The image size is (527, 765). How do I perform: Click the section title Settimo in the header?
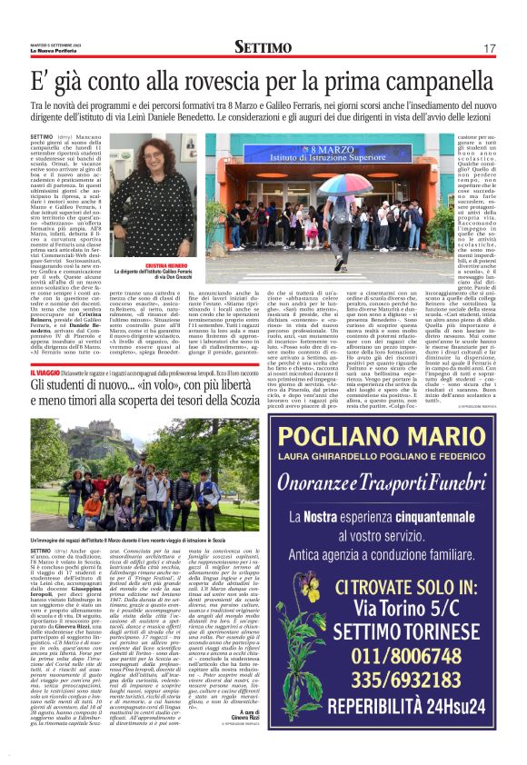(x=263, y=46)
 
